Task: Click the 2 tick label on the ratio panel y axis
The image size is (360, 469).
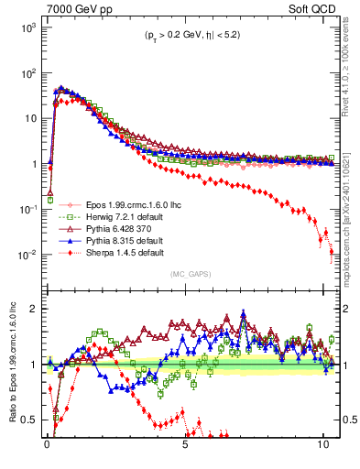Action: tap(34, 309)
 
